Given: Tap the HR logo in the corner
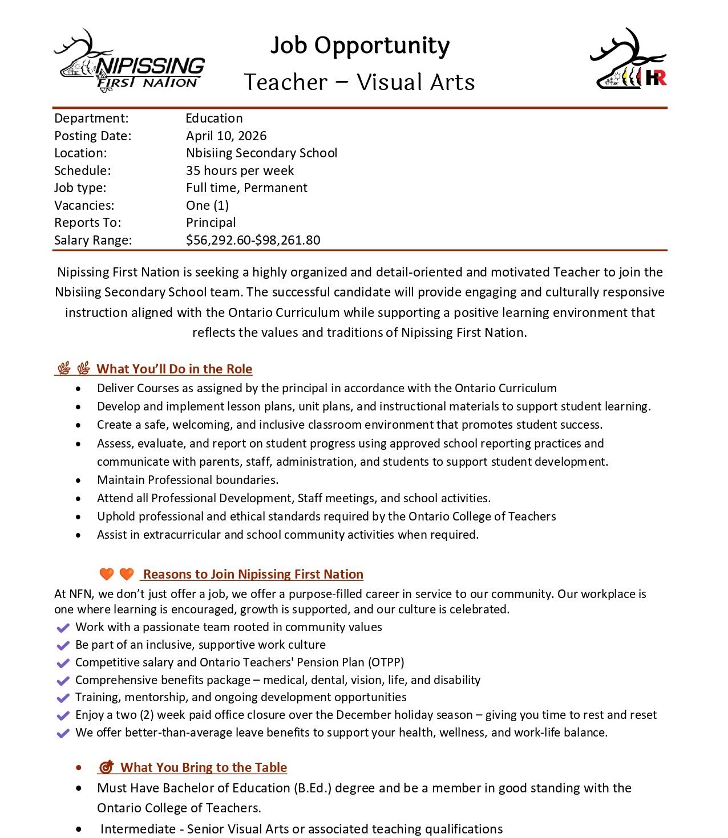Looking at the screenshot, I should (x=628, y=60).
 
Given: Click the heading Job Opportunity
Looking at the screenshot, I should (x=359, y=46).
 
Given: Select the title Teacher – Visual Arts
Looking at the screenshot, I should (x=359, y=82).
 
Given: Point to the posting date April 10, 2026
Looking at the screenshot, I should (x=226, y=136).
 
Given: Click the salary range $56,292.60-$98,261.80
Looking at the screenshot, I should (x=253, y=240).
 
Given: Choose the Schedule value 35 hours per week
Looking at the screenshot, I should (x=240, y=170).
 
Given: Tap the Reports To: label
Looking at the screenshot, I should (x=87, y=222).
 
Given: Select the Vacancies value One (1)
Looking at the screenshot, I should (x=207, y=205).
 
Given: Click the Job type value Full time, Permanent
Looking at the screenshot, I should (x=246, y=188).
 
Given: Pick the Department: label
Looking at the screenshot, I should (x=91, y=118).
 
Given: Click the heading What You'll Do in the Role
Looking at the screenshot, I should (x=174, y=369).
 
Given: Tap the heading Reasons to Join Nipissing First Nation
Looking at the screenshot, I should (x=253, y=574).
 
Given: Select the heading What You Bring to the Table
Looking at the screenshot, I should (x=204, y=767).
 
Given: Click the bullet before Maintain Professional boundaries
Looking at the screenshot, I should (x=78, y=480).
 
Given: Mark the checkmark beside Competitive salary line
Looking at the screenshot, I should (x=63, y=663).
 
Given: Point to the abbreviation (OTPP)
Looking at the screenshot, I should (x=386, y=662).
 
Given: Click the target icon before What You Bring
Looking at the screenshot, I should (x=106, y=767).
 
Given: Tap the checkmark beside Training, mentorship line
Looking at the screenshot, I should (x=63, y=698).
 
